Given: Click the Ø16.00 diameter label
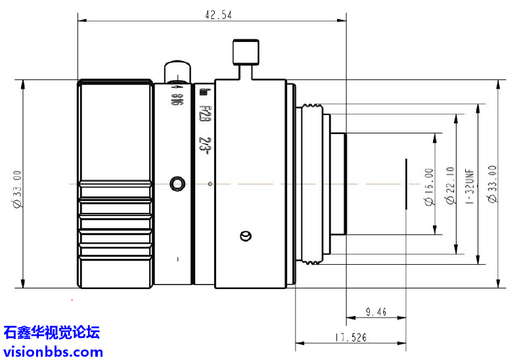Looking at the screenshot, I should pyautogui.click(x=430, y=187).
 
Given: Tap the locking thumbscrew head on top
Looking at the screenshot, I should pyautogui.click(x=246, y=52).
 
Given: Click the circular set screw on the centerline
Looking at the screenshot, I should pyautogui.click(x=176, y=183).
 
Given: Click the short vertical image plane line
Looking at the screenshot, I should pyautogui.click(x=407, y=183).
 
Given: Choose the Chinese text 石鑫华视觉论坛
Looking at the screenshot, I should pyautogui.click(x=52, y=332).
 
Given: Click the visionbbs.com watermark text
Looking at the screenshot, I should pyautogui.click(x=53, y=351).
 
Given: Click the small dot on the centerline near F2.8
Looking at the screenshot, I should pyautogui.click(x=209, y=183).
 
